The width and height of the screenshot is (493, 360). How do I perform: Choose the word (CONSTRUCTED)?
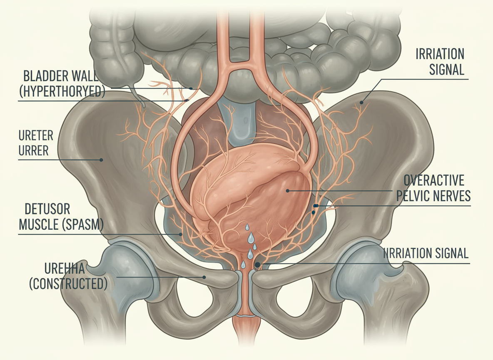(x=68, y=284)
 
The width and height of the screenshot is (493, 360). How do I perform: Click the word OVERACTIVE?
(x=434, y=181)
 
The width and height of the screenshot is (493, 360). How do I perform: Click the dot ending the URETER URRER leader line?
(x=100, y=159)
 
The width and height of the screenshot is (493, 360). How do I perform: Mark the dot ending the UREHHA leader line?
(x=204, y=277)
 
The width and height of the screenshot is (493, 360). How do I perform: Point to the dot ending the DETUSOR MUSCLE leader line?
(x=181, y=234)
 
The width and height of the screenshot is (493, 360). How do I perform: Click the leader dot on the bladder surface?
(x=288, y=190)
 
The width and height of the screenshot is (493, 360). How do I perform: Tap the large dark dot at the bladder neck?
(x=257, y=265)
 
